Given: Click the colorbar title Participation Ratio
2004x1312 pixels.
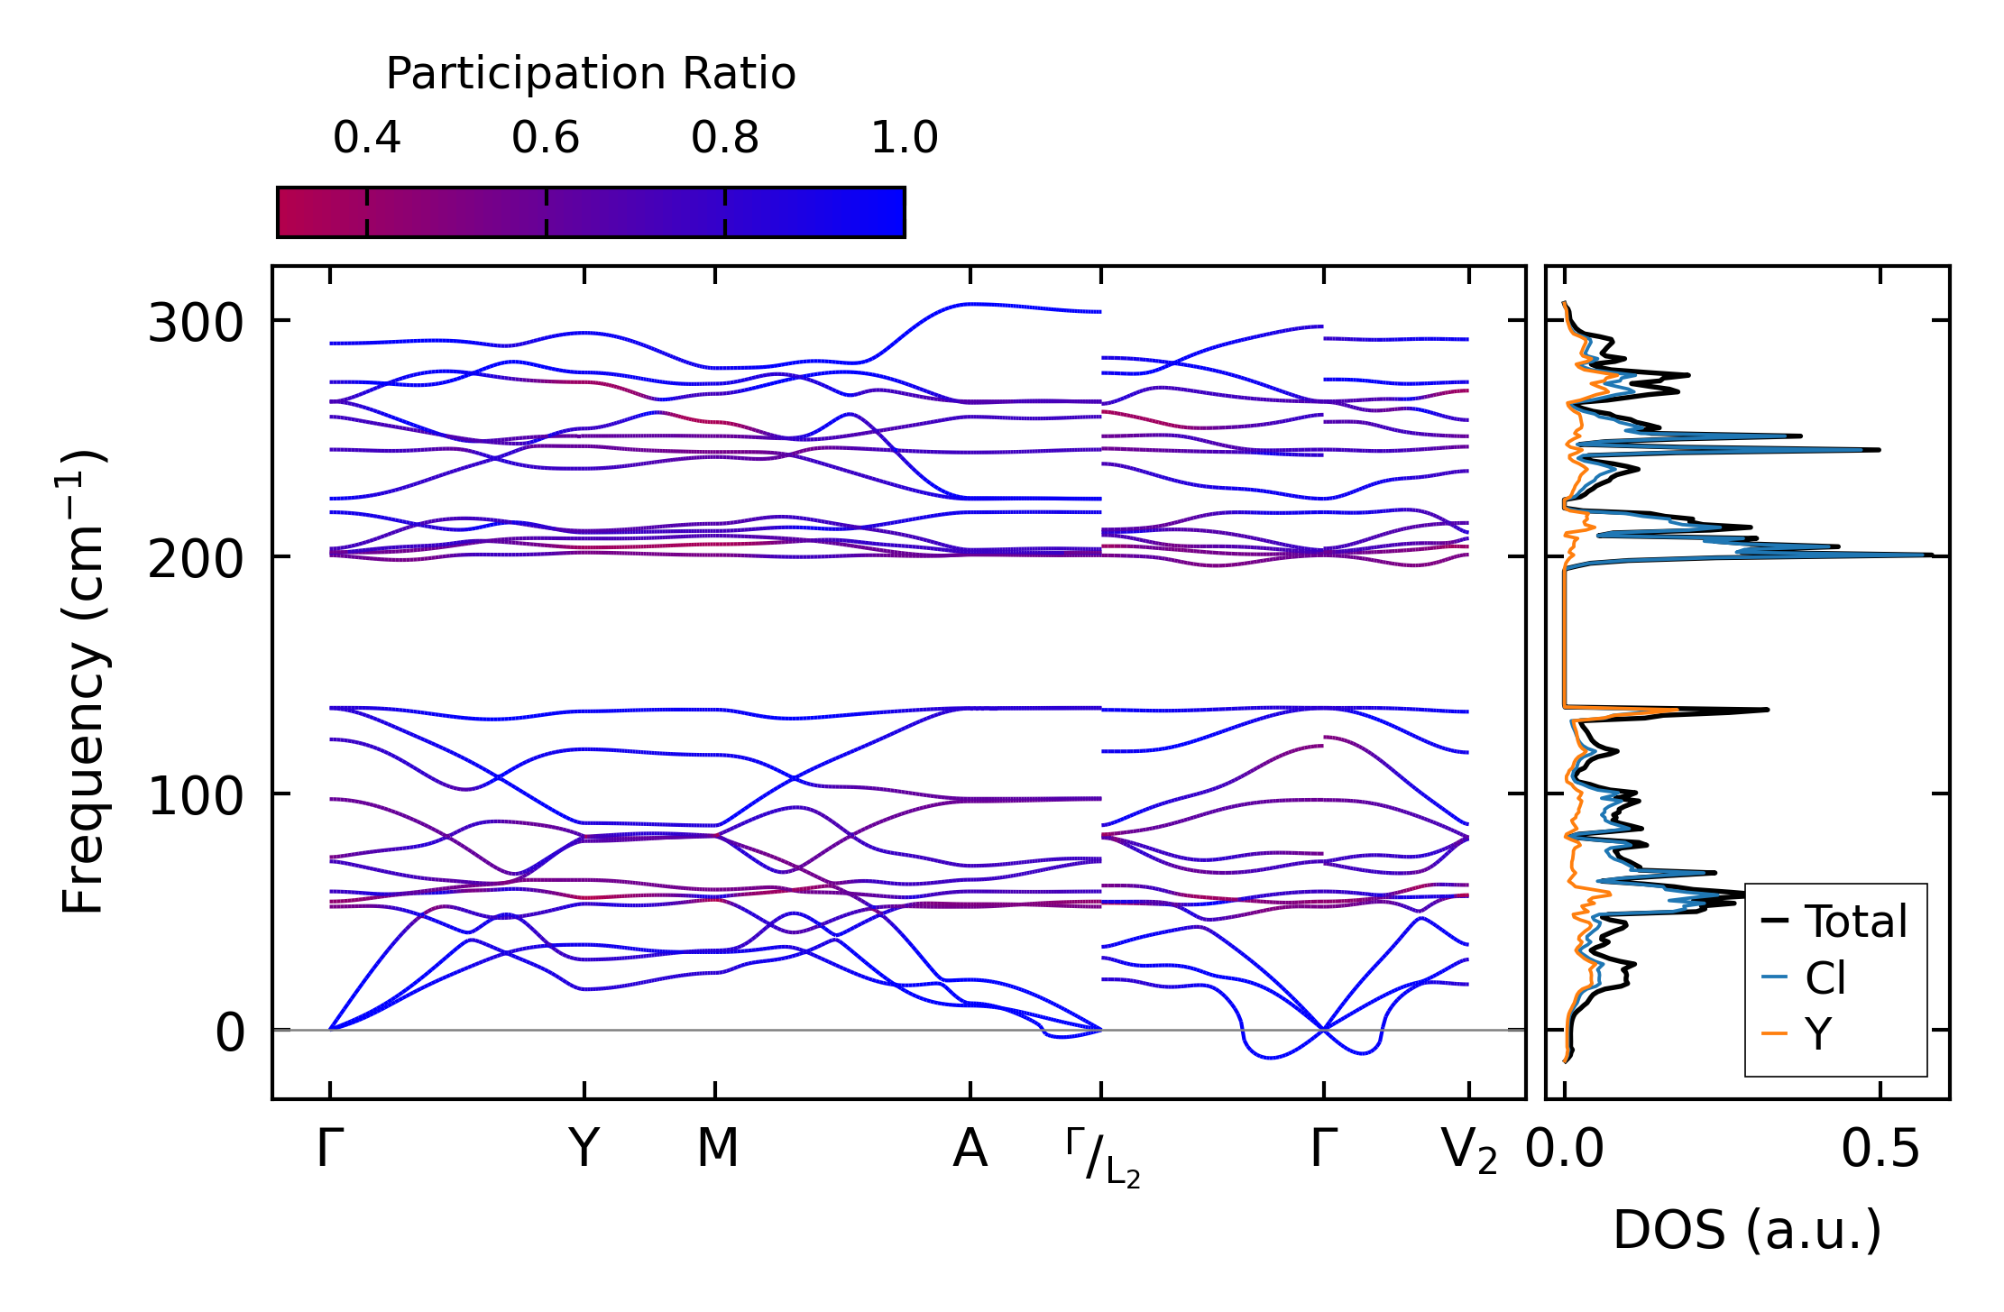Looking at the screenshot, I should point(591,74).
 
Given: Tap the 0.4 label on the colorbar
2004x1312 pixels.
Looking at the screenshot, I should point(366,138).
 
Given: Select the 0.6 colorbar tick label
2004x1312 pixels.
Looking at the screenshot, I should point(546,138).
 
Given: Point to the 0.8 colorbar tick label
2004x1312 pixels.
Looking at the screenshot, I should point(725,138).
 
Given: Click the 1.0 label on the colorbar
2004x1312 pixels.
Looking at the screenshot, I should point(905,138).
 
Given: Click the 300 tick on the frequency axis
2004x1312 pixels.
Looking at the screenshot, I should point(196,323).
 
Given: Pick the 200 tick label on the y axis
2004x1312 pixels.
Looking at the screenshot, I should point(196,560).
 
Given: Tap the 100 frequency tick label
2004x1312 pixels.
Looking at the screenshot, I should point(196,796).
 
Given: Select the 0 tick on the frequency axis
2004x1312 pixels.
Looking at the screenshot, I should point(230,1033).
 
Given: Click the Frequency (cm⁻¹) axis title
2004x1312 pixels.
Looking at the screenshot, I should point(83,683).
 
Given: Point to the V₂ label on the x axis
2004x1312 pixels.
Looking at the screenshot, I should point(1469,1151).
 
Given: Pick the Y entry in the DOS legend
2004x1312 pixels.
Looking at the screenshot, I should point(1818,1033).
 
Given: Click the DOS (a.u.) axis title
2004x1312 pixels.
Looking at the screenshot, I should point(1747,1230).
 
